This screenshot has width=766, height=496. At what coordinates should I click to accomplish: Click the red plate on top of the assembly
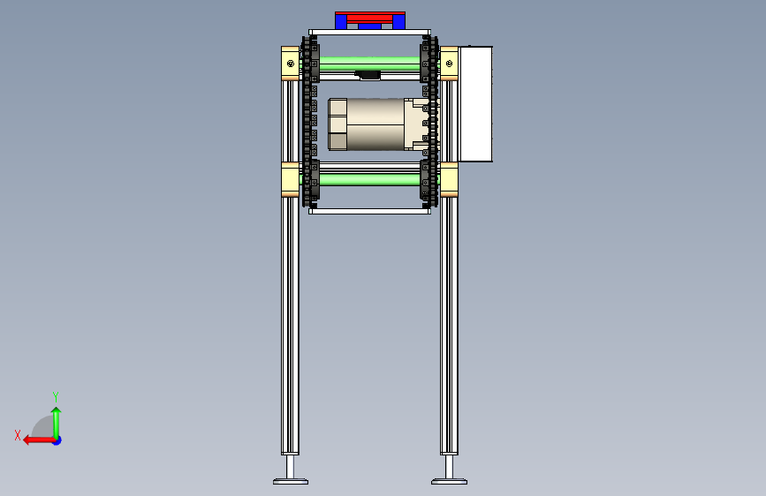[x=370, y=17]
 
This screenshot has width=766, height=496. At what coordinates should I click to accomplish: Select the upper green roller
[x=370, y=64]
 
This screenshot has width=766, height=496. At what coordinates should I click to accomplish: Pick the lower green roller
[x=370, y=179]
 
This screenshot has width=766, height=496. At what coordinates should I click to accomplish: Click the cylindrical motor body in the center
[x=375, y=124]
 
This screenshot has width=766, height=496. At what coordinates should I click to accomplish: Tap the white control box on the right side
[x=475, y=104]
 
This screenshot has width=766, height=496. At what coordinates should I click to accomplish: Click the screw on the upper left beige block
[x=291, y=64]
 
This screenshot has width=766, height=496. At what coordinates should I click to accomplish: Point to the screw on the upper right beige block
[x=449, y=64]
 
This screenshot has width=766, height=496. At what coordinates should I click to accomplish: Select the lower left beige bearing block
[x=290, y=180]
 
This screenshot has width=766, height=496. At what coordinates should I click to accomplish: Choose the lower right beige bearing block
[x=449, y=180]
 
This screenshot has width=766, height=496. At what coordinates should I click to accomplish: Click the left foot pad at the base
[x=291, y=481]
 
